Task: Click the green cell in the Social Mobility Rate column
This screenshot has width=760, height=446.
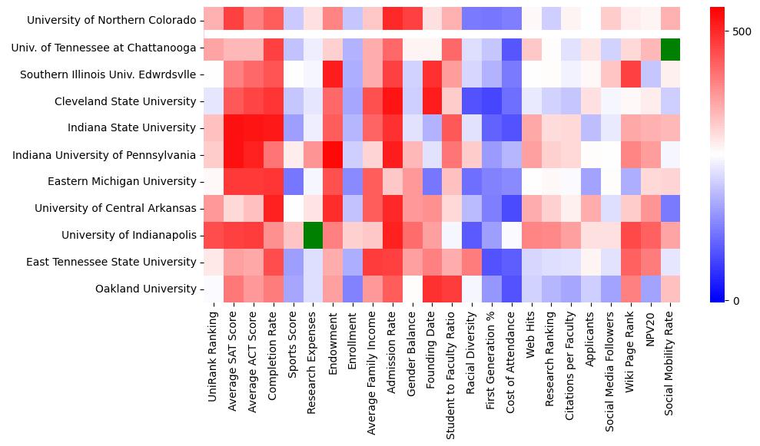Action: tap(670, 48)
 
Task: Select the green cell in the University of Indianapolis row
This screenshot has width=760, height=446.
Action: tap(312, 235)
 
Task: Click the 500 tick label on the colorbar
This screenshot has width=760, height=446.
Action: tap(742, 31)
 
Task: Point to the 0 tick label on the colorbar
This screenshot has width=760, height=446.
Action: tap(735, 300)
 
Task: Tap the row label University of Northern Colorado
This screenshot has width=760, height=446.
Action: tap(111, 21)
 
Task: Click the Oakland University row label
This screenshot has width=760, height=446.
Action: tap(145, 289)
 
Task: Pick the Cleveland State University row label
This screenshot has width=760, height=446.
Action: tap(125, 101)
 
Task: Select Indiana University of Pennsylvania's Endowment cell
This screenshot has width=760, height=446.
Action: tap(332, 155)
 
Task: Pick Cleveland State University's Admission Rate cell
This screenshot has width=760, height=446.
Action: tap(392, 101)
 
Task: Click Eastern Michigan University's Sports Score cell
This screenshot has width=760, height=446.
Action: tap(292, 181)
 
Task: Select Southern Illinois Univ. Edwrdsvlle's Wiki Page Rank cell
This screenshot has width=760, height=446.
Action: tap(630, 74)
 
